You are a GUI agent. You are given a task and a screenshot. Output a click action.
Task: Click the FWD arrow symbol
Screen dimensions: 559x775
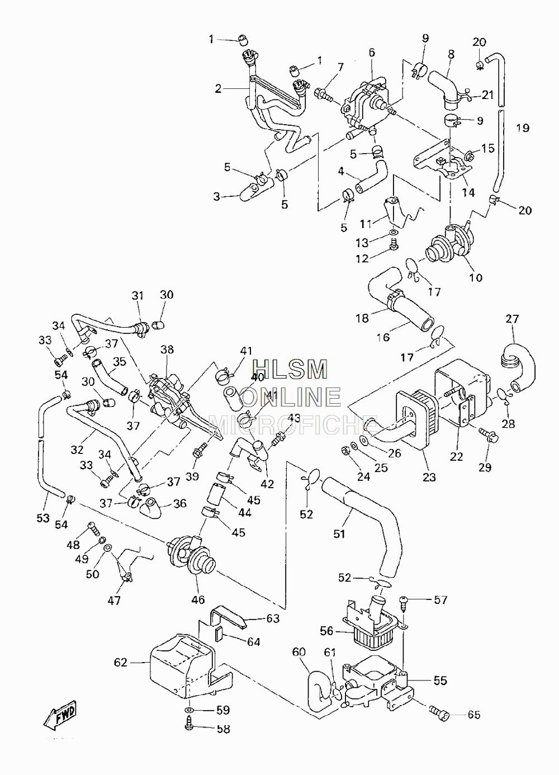pos(60,715)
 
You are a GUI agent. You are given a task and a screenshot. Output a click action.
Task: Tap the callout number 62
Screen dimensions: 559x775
pos(121,662)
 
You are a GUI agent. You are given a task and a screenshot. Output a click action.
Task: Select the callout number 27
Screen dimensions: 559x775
pos(512,319)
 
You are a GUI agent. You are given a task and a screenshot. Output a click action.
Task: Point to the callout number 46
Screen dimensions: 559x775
pos(198,599)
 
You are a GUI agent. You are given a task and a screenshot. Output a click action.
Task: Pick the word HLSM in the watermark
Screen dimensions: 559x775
pos(290,369)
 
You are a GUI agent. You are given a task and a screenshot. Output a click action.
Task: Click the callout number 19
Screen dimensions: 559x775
pos(523,128)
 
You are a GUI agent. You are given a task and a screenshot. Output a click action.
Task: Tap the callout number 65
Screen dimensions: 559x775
pos(474,715)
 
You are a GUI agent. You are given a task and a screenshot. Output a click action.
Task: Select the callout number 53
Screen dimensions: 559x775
pos(43,518)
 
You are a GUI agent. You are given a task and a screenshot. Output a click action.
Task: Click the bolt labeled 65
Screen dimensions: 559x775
pos(439,713)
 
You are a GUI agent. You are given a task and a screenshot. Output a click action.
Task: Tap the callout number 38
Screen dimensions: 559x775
pos(167,349)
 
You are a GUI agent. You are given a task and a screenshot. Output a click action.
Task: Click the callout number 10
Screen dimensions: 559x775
pos(476,277)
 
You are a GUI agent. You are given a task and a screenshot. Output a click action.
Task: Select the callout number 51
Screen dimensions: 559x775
pos(339,534)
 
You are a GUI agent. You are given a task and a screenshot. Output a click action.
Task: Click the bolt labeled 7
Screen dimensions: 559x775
pos(324,95)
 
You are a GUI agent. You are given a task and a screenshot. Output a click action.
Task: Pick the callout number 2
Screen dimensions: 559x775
pos(218,89)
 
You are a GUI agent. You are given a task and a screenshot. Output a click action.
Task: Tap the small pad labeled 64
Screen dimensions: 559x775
pos(219,634)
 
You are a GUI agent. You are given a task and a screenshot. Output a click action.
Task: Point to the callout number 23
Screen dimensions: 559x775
pos(429,477)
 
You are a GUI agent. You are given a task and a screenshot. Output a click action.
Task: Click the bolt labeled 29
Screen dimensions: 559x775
pos(489,436)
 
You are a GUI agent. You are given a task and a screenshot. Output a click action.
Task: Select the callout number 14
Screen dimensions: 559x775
pos(468,192)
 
